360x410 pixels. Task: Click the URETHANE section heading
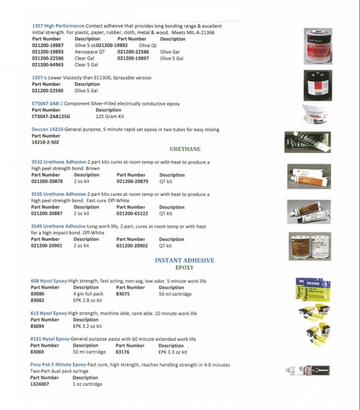185,149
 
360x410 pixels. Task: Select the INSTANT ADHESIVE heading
184,260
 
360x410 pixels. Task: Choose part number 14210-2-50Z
45,142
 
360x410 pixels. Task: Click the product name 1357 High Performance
58,26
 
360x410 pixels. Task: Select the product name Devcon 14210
47,129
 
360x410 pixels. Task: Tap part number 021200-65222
132,214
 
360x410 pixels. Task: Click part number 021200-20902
132,246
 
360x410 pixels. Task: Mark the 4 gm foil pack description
88,294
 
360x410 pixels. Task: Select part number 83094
38,326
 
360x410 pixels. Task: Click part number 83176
123,352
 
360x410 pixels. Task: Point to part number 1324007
39,384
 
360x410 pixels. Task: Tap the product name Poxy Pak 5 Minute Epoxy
58,365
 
